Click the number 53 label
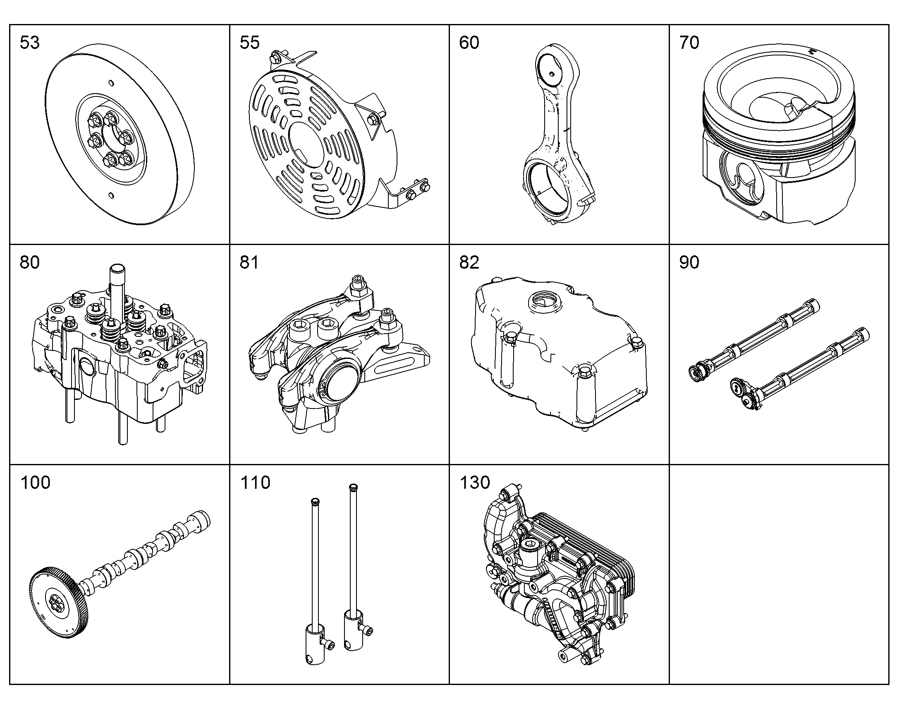tap(29, 43)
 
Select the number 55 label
tap(249, 43)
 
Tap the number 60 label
tap(469, 43)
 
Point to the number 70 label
tap(689, 43)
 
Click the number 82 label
tap(469, 262)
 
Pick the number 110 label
tap(255, 482)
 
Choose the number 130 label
tap(475, 482)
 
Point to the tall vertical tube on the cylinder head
tap(118, 286)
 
